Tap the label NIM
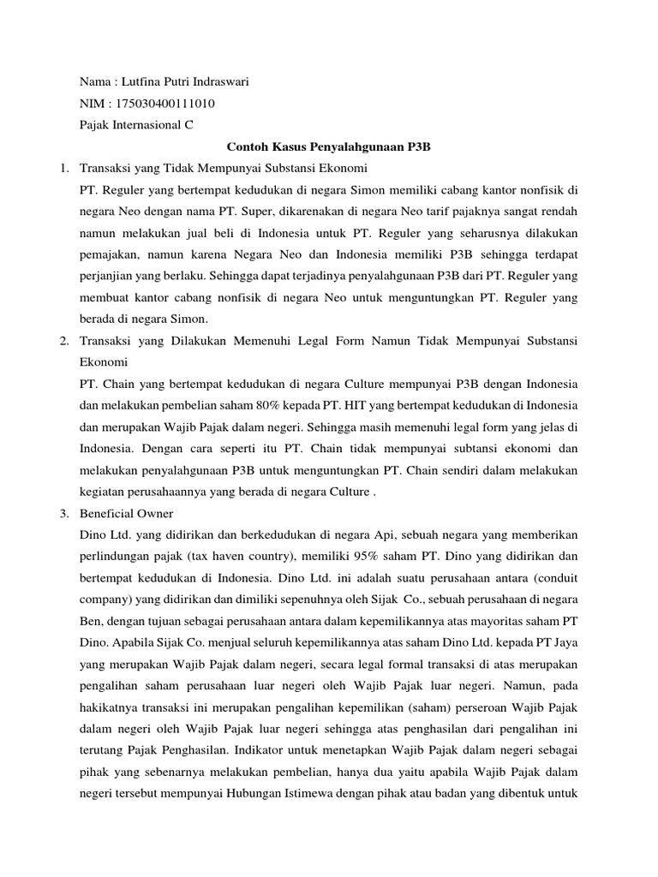(x=92, y=104)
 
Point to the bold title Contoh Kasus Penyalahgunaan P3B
(x=328, y=146)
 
